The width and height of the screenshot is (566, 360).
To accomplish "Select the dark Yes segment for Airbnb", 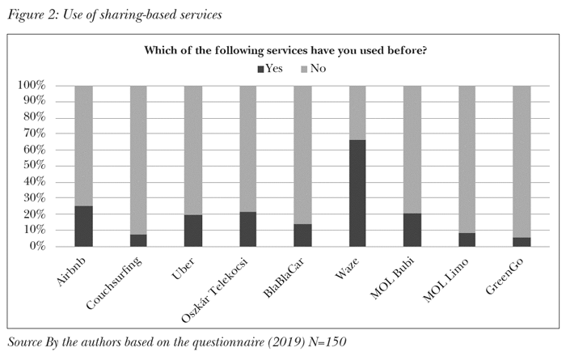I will coord(83,226).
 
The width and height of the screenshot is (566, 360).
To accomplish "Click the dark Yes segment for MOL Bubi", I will coord(412,230).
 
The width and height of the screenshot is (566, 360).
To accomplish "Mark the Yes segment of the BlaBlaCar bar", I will coord(302,235).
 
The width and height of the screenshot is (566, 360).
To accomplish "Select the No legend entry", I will coord(311,69).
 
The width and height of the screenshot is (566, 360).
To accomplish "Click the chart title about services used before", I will coord(285,51).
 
